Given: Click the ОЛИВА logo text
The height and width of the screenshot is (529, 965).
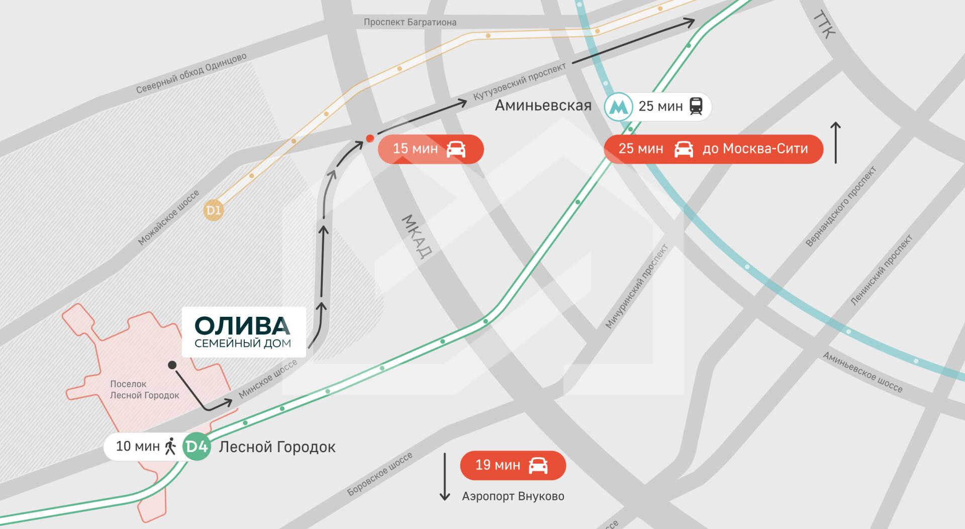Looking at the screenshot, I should point(242,326).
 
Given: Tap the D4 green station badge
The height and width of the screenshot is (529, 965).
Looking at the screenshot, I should point(197,447).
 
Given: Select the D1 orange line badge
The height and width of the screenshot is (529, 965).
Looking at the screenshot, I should point(213,210).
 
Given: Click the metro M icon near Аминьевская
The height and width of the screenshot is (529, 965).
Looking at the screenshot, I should point(618,107).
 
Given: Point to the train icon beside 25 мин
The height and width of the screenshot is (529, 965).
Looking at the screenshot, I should point(696,107).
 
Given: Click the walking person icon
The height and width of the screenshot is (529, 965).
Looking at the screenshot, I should point(171,447).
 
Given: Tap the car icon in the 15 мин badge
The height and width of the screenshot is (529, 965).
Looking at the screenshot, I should point(456,149).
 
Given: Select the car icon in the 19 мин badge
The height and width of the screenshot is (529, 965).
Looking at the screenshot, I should point(538,465).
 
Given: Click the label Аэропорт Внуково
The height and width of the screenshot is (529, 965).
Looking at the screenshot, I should point(513,496).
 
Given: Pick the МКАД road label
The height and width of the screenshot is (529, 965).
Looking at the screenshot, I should point(417,236).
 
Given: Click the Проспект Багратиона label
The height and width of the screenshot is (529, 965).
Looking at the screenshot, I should point(410,22).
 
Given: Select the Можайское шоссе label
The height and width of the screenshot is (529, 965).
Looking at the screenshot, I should point(168,217).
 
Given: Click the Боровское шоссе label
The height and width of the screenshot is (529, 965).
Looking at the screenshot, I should point(380,474).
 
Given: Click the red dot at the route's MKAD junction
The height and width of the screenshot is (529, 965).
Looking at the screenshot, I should point(370,138).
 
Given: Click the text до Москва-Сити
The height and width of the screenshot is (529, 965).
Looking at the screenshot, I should point(755,149).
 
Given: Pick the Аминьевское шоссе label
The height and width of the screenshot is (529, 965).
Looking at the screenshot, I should point(862,372).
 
